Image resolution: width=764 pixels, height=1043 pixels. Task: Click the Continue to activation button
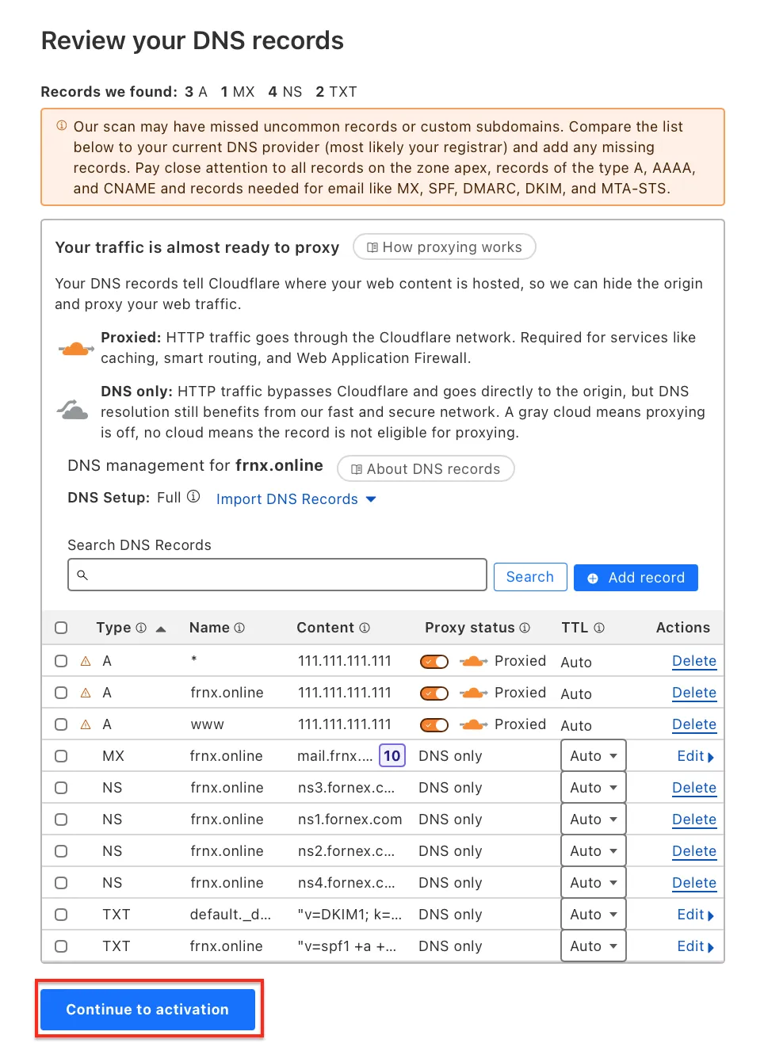(147, 1009)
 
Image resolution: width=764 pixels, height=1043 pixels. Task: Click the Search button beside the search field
(529, 577)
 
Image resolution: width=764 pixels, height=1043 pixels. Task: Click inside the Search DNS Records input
(277, 575)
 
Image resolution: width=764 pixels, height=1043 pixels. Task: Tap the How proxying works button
(444, 247)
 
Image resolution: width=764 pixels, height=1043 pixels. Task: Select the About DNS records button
(426, 469)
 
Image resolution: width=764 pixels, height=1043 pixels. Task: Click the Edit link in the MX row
(695, 756)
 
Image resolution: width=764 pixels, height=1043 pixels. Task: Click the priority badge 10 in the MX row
(392, 756)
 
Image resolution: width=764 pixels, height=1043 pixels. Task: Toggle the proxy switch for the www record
(434, 724)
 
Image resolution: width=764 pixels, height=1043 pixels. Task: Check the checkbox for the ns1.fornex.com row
(61, 819)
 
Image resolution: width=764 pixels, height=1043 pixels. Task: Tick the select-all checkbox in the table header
(61, 628)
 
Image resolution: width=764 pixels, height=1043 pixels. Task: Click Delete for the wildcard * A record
(693, 661)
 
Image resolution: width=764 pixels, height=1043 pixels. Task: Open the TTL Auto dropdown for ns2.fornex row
(593, 851)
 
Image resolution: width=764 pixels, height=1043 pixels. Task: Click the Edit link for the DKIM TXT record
(695, 915)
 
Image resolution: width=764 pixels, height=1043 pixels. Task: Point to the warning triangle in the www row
(86, 724)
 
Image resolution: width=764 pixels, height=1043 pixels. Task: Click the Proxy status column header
(469, 628)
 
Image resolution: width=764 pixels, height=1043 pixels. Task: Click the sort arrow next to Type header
(161, 628)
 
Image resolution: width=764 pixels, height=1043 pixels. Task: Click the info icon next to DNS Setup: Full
(193, 497)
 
